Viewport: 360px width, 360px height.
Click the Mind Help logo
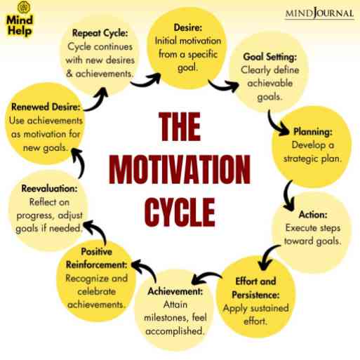pyautogui.click(x=20, y=19)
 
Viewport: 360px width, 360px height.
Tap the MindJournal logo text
pyautogui.click(x=319, y=13)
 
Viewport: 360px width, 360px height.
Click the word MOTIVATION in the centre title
pyautogui.click(x=180, y=169)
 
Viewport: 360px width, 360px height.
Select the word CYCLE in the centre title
pyautogui.click(x=180, y=212)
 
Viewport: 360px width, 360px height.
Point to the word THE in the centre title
pyautogui.click(x=180, y=126)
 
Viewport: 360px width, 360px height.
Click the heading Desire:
pyautogui.click(x=187, y=27)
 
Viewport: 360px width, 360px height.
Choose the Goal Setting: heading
pyautogui.click(x=270, y=57)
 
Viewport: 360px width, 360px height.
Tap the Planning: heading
pyautogui.click(x=313, y=132)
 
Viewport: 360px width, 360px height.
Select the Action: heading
pyautogui.click(x=313, y=215)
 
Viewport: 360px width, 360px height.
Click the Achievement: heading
pyautogui.click(x=175, y=291)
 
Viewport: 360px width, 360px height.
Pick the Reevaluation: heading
pyautogui.click(x=49, y=189)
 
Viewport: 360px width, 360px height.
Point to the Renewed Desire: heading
pyautogui.click(x=46, y=107)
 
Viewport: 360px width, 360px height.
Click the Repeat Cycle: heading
pyautogui.click(x=100, y=33)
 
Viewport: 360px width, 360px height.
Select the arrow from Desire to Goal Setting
pyautogui.click(x=223, y=87)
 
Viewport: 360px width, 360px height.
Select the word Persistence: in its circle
pyautogui.click(x=255, y=295)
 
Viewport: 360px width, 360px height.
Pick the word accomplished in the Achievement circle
pyautogui.click(x=174, y=331)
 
